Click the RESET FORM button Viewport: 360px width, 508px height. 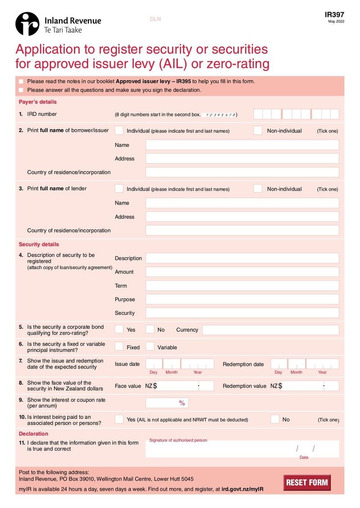[307, 483]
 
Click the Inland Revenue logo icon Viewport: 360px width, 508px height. [27, 23]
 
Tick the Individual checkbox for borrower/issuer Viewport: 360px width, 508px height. [119, 130]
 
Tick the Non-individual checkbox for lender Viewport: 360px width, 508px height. [257, 188]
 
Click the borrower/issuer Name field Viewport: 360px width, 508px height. [242, 145]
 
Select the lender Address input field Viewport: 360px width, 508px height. [242, 217]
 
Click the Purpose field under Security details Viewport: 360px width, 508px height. [242, 299]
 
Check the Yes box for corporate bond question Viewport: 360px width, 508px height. [119, 329]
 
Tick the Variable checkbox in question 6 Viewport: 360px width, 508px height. [150, 347]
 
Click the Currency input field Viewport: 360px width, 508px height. [270, 330]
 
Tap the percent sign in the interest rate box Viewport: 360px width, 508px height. [182, 403]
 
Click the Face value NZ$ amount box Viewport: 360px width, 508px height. [179, 386]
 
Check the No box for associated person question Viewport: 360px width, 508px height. [275, 419]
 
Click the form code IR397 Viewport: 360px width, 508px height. [334, 14]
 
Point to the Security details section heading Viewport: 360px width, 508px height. [39, 245]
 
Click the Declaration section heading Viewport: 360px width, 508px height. [33, 434]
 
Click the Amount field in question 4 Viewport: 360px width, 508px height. [242, 272]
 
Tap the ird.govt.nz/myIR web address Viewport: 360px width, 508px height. [242, 489]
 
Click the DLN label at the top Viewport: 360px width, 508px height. [155, 19]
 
